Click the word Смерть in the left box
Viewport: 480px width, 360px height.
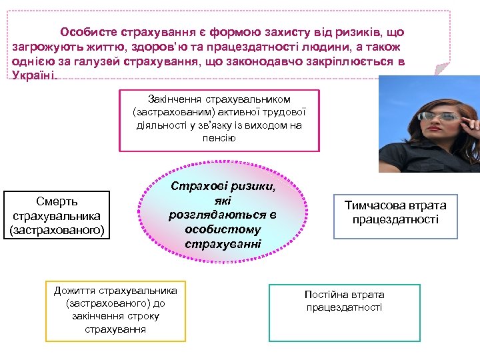(57, 201)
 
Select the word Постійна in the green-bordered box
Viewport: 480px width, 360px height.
(325, 294)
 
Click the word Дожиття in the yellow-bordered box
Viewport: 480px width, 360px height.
(74, 291)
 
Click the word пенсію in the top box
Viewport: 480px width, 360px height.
(219, 137)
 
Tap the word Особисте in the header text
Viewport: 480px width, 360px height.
(87, 31)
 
